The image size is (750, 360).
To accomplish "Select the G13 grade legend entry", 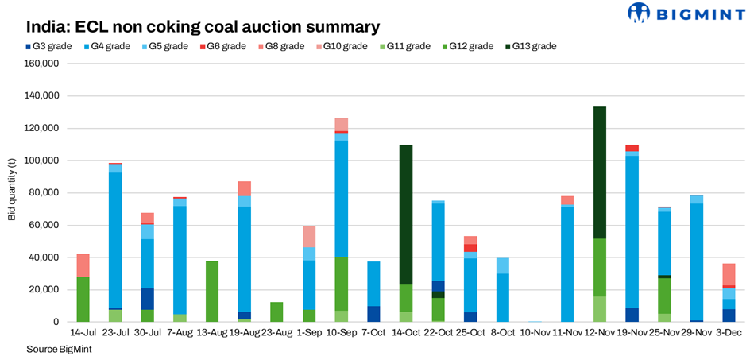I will click(535, 46).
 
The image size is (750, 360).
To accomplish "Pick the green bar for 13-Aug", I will click(212, 291).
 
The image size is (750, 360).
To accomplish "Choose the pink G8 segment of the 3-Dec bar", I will click(729, 274).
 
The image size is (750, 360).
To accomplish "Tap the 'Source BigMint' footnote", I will click(56, 350).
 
